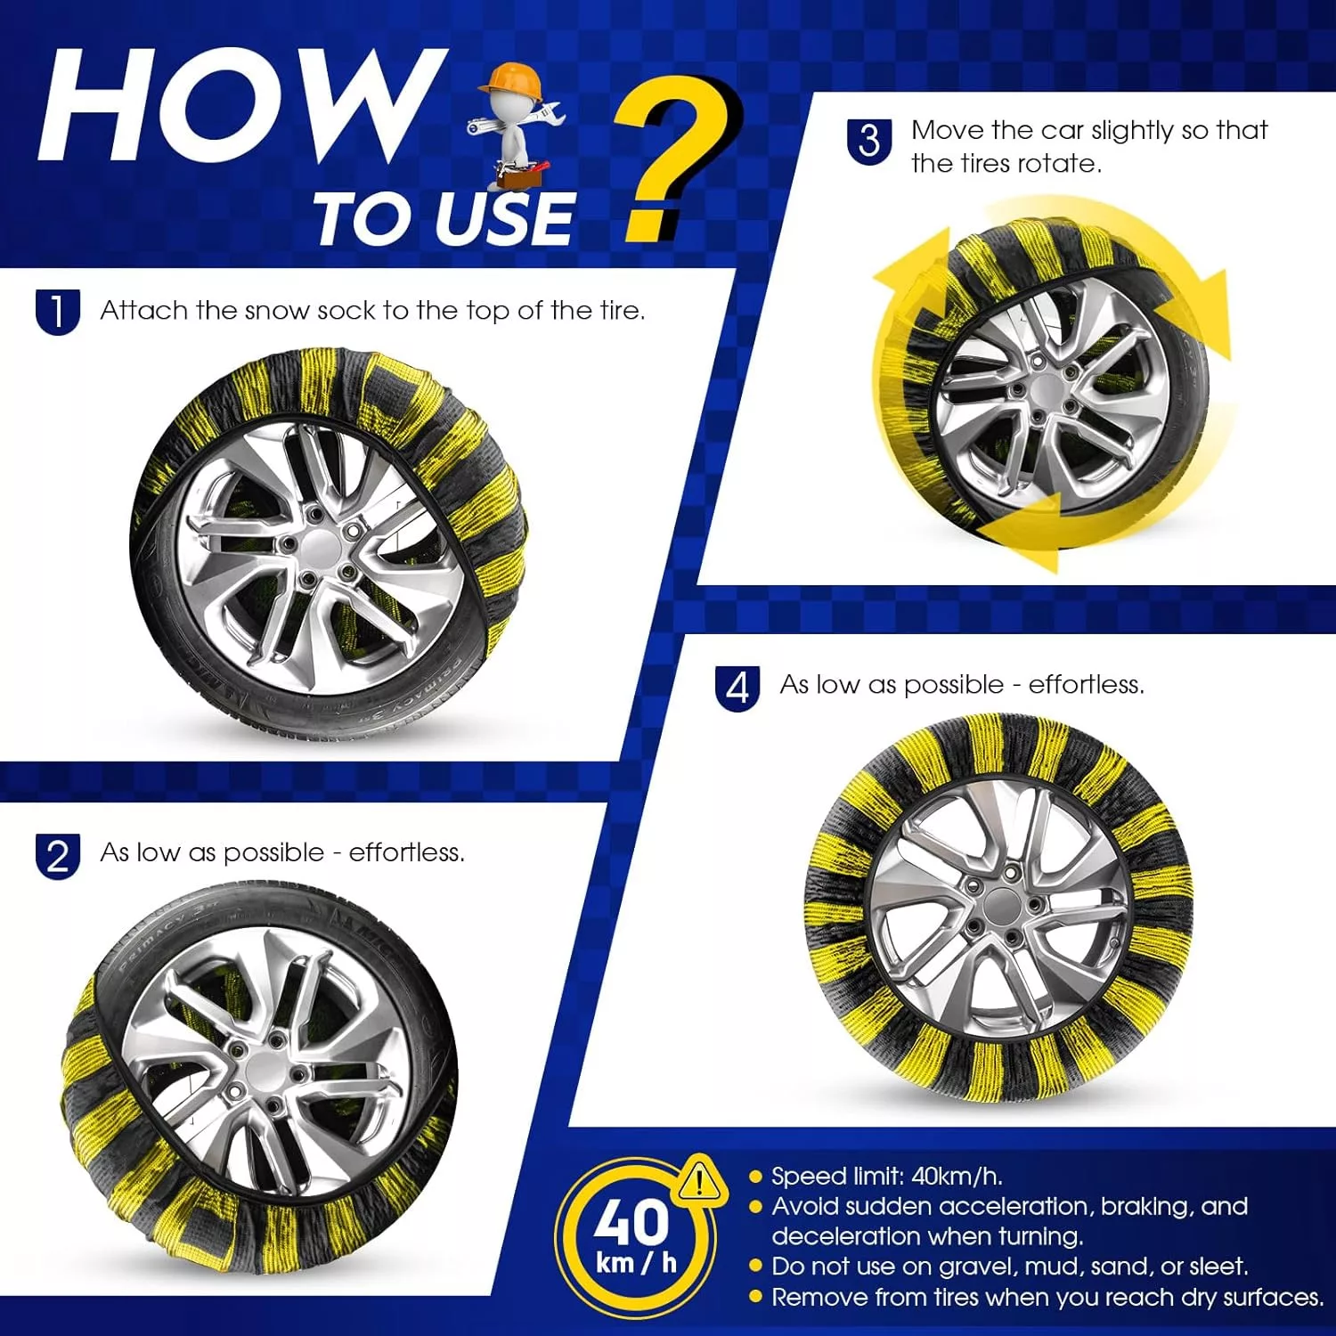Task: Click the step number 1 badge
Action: click(x=58, y=312)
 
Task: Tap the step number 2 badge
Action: click(x=58, y=856)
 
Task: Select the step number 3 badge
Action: click(x=869, y=142)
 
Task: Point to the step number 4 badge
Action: click(x=737, y=688)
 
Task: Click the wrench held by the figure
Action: click(x=517, y=123)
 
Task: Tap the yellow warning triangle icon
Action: click(x=701, y=1179)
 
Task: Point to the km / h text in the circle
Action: click(x=636, y=1263)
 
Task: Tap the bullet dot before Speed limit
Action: click(x=756, y=1177)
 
